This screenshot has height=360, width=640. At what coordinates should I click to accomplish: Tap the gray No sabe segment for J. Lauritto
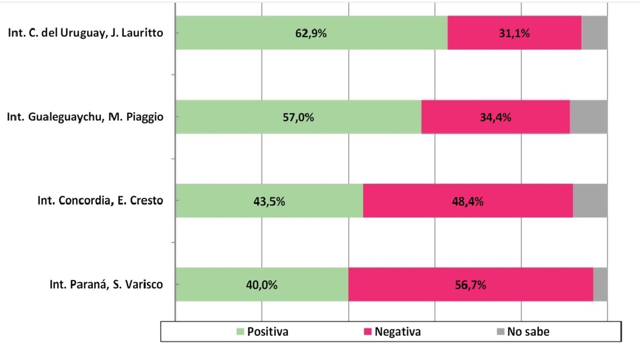pos(594,33)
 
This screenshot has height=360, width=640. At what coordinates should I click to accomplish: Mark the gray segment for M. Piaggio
pos(588,117)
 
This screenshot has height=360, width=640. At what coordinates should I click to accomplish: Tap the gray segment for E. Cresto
pos(590,201)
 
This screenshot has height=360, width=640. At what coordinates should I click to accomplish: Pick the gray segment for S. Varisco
pos(600,284)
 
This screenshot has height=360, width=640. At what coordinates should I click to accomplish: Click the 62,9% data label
pos(311,33)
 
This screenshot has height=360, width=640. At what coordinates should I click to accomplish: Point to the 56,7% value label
pos(470,285)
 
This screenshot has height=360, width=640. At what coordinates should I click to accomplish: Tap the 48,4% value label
pos(467,201)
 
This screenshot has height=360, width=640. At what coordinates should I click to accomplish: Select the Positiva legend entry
pos(263,332)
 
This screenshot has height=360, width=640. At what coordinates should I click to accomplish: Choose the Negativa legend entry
pos(393,332)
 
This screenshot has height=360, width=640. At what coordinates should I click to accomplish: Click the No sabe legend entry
pos(523,332)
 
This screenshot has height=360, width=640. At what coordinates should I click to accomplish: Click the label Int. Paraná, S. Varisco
pos(106,284)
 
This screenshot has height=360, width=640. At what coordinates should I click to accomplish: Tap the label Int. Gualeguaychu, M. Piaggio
pos(85,117)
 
